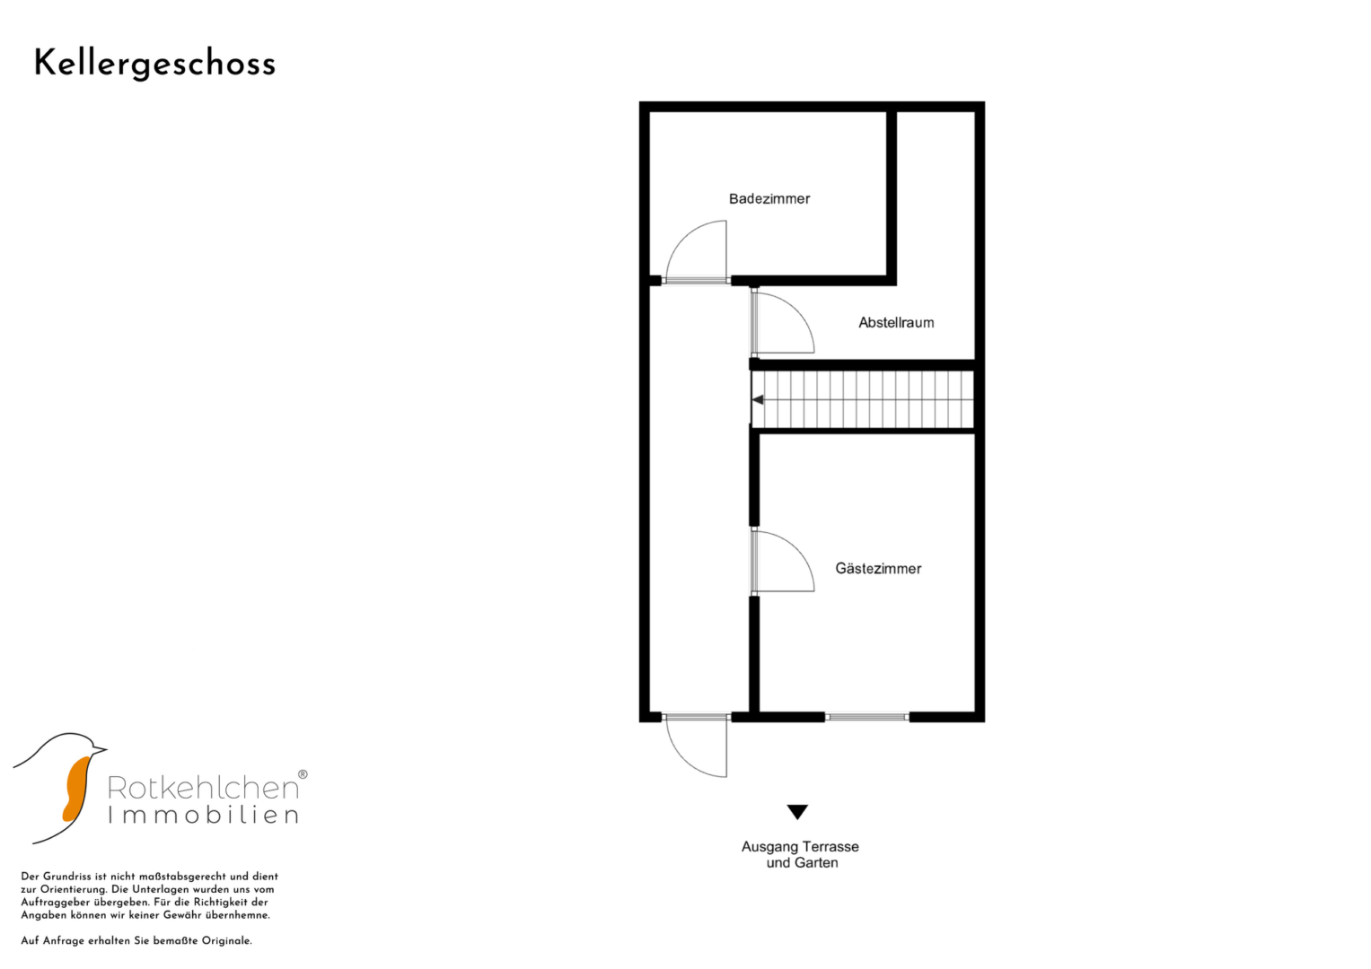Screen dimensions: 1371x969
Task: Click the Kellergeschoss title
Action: pyautogui.click(x=154, y=65)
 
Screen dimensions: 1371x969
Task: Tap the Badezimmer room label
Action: pyautogui.click(x=769, y=199)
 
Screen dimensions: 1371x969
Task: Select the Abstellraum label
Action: pyautogui.click(x=896, y=322)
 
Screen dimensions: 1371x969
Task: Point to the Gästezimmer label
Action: pyautogui.click(x=878, y=568)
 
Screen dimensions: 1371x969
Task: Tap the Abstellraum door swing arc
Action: pyautogui.click(x=796, y=310)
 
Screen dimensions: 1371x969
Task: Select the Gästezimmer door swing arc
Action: pyautogui.click(x=796, y=549)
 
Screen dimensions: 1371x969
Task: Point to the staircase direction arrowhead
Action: pyautogui.click(x=758, y=400)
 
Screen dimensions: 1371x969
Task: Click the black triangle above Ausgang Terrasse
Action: pyautogui.click(x=797, y=812)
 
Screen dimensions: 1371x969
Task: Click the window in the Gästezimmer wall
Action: pyautogui.click(x=866, y=717)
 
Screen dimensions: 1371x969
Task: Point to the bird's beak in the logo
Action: pyautogui.click(x=98, y=749)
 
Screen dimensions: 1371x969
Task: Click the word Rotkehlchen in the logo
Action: pyautogui.click(x=203, y=788)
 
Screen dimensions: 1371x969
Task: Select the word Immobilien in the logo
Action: pyautogui.click(x=203, y=815)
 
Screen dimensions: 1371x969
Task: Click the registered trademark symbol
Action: pyautogui.click(x=303, y=774)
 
